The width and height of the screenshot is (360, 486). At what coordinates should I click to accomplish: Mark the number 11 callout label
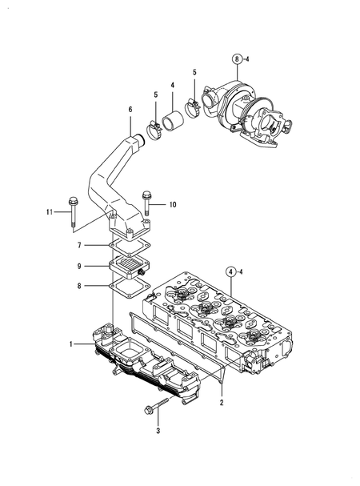click(49, 212)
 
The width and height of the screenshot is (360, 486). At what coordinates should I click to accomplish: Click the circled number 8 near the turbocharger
click(237, 58)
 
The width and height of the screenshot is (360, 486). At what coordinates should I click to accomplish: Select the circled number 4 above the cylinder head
click(230, 271)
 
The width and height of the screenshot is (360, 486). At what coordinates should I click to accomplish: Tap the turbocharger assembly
click(248, 116)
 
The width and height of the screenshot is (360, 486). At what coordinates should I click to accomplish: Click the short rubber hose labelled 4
click(174, 126)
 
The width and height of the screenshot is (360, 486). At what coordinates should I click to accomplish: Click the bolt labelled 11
click(73, 211)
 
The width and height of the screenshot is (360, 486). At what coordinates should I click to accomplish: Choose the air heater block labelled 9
click(128, 264)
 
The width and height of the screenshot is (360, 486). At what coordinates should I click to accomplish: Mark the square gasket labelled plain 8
click(124, 285)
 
